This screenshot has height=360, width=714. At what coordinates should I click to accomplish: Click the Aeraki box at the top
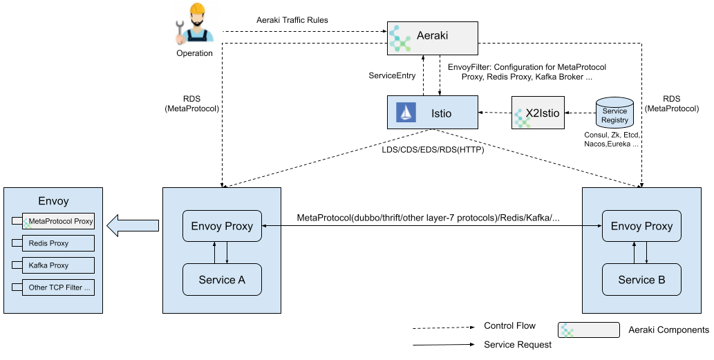tap(433, 38)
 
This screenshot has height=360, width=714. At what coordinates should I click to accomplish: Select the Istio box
tap(433, 113)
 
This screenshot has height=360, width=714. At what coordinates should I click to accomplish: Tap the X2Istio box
tap(538, 113)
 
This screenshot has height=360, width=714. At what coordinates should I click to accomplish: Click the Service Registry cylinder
tap(614, 113)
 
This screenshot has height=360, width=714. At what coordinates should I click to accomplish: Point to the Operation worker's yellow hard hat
tap(197, 9)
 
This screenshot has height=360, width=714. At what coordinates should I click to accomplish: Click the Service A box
tap(222, 279)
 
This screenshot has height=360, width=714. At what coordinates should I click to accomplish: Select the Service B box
tap(641, 279)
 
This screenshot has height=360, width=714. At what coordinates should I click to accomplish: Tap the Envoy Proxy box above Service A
tap(222, 226)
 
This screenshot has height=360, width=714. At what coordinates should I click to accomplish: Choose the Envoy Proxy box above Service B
tap(641, 226)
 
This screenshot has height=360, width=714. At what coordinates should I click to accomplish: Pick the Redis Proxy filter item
tap(53, 243)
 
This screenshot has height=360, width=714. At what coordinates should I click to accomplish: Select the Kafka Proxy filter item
tap(53, 265)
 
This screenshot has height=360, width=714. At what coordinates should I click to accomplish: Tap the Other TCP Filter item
tap(53, 287)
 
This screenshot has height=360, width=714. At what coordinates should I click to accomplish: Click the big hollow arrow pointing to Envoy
tap(133, 225)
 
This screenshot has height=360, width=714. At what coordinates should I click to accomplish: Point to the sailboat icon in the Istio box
tap(406, 113)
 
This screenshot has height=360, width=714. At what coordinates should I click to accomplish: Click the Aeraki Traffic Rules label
tap(292, 20)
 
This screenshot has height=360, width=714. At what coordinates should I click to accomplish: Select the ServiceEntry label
tap(392, 75)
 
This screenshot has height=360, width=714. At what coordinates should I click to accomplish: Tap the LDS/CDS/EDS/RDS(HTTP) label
tap(433, 149)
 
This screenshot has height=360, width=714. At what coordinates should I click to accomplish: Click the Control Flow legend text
tap(509, 325)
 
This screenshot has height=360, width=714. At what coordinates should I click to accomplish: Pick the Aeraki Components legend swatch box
tap(589, 330)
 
